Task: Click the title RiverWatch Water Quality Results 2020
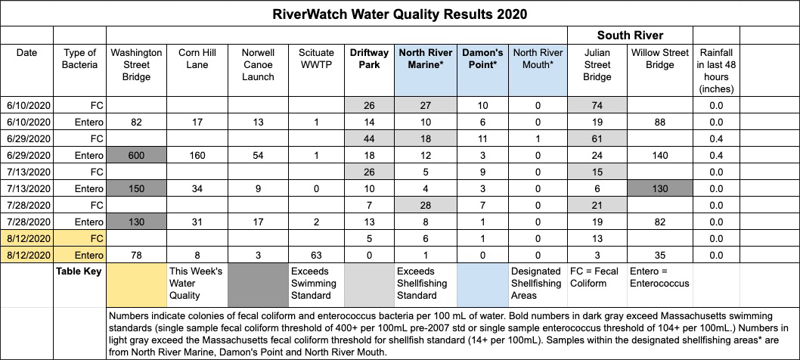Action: coord(400,14)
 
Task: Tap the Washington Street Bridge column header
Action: coord(136,65)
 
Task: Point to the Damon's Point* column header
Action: coord(482,59)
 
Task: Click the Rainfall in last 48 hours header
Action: coord(715,72)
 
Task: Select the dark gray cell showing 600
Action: coord(136,154)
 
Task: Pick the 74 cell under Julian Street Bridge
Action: coord(597,104)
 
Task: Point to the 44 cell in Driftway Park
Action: coord(369,137)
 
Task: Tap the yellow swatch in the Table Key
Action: coord(136,282)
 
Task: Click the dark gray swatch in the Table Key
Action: coord(258,282)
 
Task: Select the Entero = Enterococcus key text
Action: coord(659,277)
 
